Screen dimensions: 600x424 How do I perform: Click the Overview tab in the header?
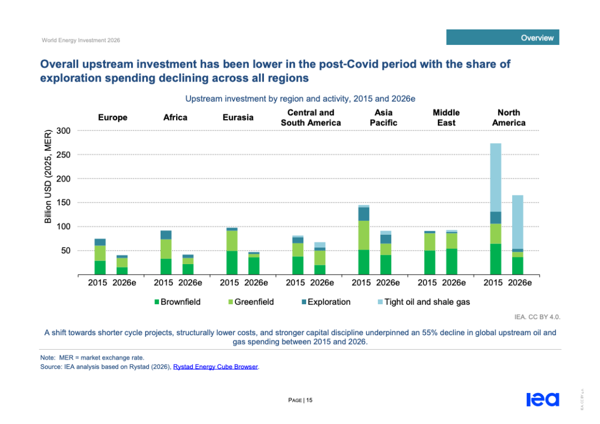(502, 37)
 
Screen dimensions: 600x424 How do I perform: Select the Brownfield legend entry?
(177, 302)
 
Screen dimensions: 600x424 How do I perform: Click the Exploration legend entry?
(326, 302)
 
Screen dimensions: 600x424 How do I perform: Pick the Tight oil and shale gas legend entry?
(423, 302)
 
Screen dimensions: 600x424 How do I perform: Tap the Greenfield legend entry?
(251, 302)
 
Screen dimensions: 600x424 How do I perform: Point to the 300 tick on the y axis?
(63, 131)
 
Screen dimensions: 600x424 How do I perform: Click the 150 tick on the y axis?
(63, 203)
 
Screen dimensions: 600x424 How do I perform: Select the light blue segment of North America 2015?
(496, 178)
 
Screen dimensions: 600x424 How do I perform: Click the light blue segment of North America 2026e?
(518, 222)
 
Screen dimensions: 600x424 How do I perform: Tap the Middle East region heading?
(446, 118)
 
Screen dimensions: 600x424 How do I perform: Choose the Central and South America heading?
(311, 118)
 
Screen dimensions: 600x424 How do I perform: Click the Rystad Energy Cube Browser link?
(216, 367)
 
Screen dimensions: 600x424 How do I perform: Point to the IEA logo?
(543, 399)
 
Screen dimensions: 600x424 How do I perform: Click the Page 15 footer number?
(301, 400)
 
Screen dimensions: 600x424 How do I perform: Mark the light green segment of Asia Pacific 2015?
(364, 235)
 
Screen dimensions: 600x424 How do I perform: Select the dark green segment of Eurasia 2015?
(232, 263)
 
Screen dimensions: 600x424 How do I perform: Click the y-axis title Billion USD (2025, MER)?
(48, 176)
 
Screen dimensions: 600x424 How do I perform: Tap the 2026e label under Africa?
(190, 283)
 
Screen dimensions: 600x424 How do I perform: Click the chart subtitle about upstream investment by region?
(301, 99)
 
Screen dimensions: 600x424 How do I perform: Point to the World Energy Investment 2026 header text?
(81, 40)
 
